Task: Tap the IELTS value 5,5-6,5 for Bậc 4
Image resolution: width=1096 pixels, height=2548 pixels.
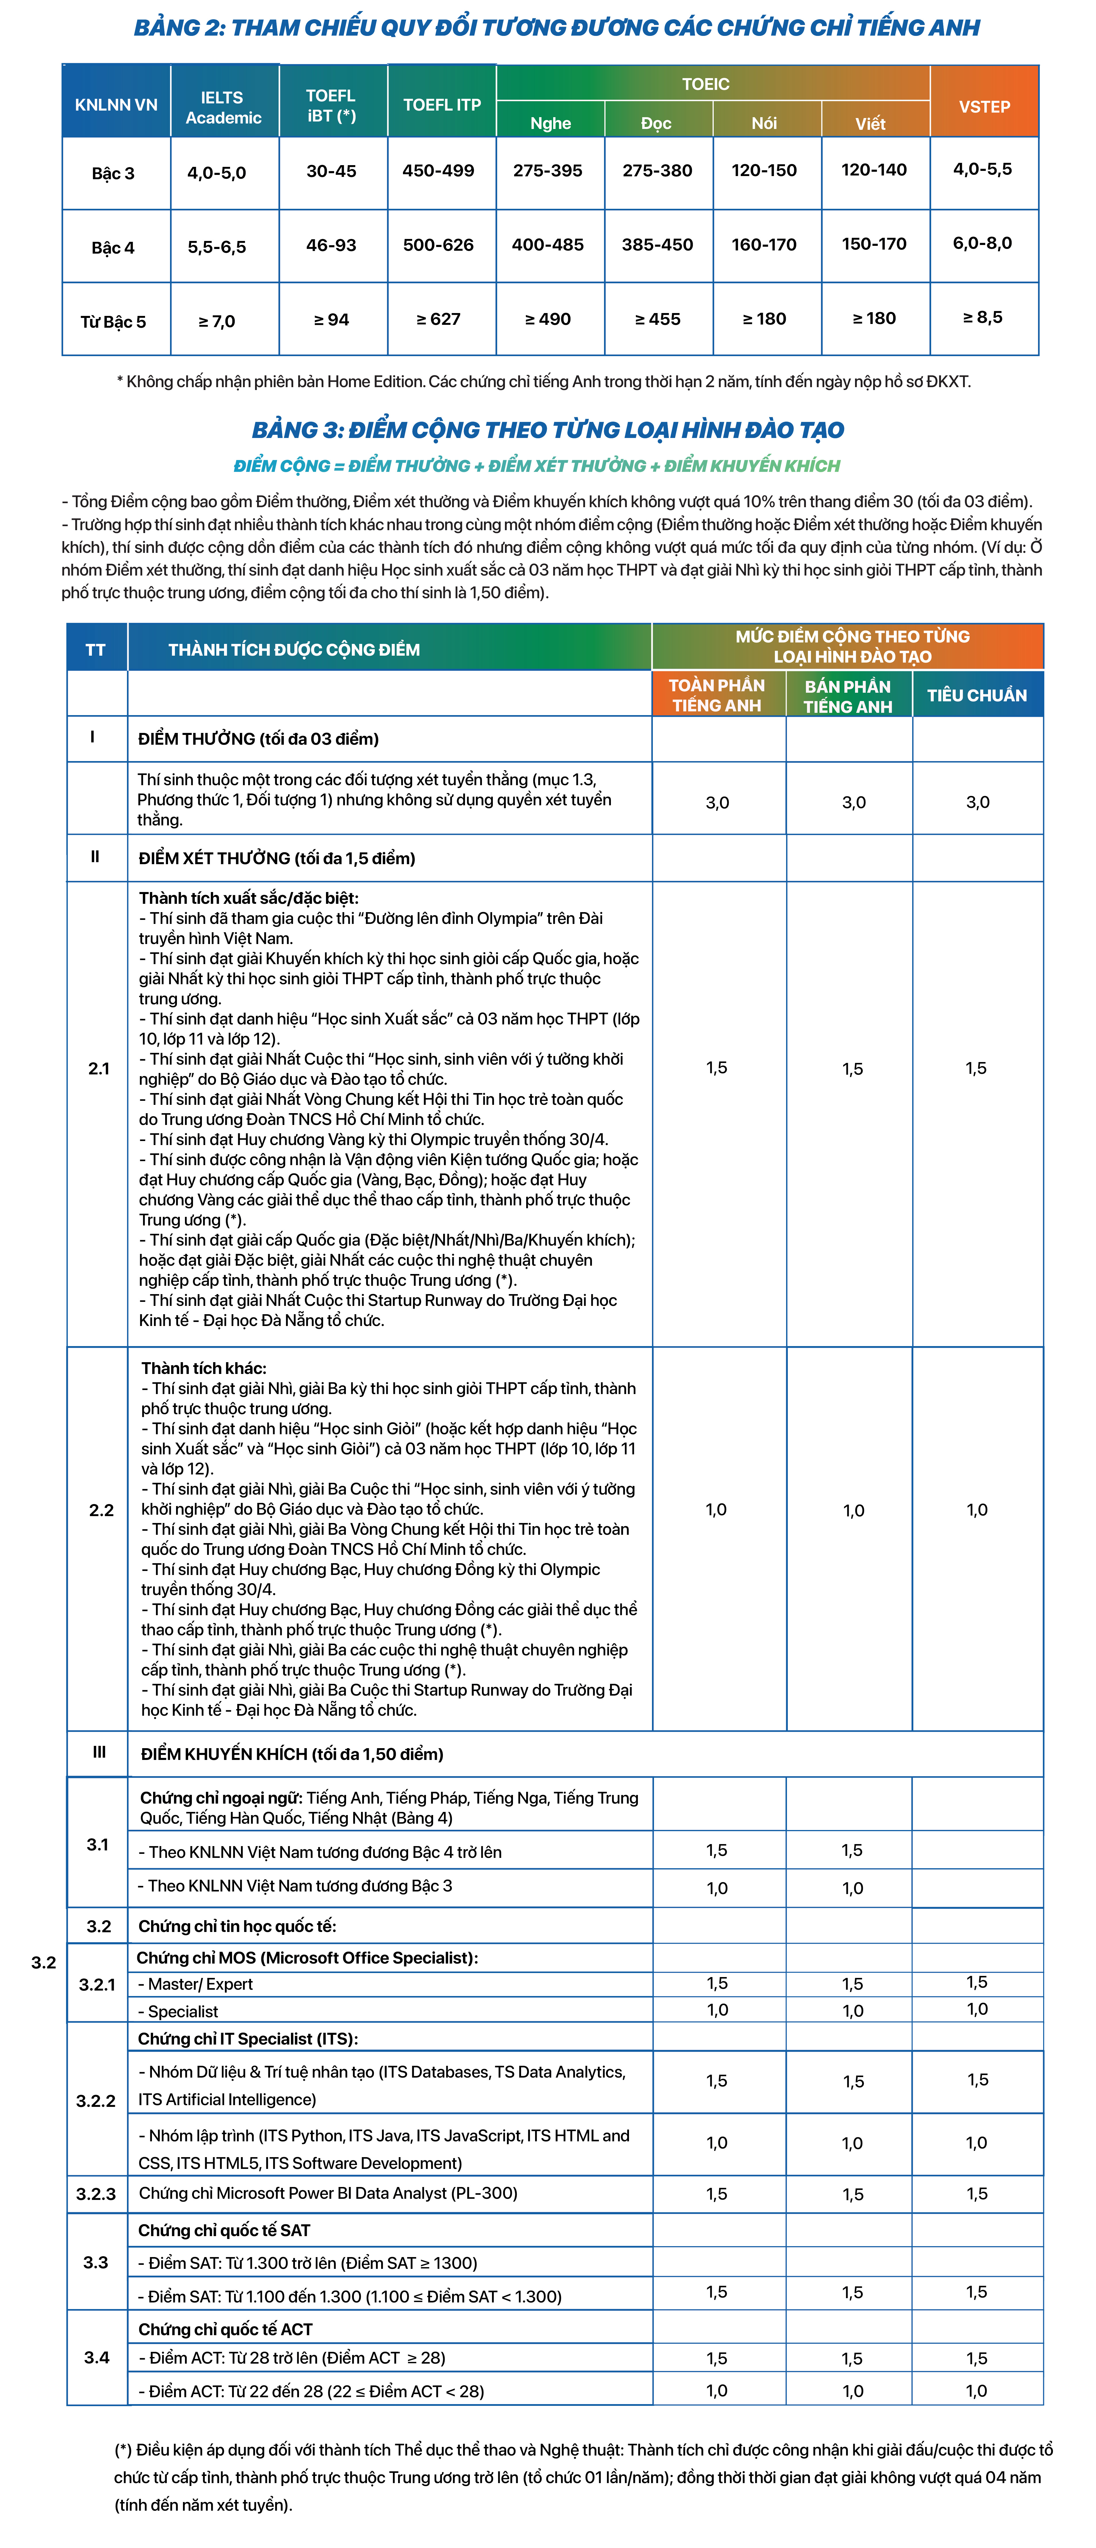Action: pos(217,246)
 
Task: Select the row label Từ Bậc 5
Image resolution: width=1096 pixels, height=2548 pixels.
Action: pos(113,321)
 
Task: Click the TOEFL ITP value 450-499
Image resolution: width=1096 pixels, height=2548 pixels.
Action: pos(438,170)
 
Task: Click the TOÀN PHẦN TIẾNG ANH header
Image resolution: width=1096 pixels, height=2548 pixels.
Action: pos(717,695)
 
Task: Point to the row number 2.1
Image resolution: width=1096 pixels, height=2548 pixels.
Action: pos(99,1068)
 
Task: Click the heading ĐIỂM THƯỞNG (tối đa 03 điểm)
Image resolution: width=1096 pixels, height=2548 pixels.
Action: pos(258,739)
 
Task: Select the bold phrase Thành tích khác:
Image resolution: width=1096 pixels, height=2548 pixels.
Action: pos(204,1368)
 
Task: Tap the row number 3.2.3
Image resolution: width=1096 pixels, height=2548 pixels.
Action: pos(96,2194)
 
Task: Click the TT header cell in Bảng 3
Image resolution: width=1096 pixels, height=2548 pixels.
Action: pos(95,650)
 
